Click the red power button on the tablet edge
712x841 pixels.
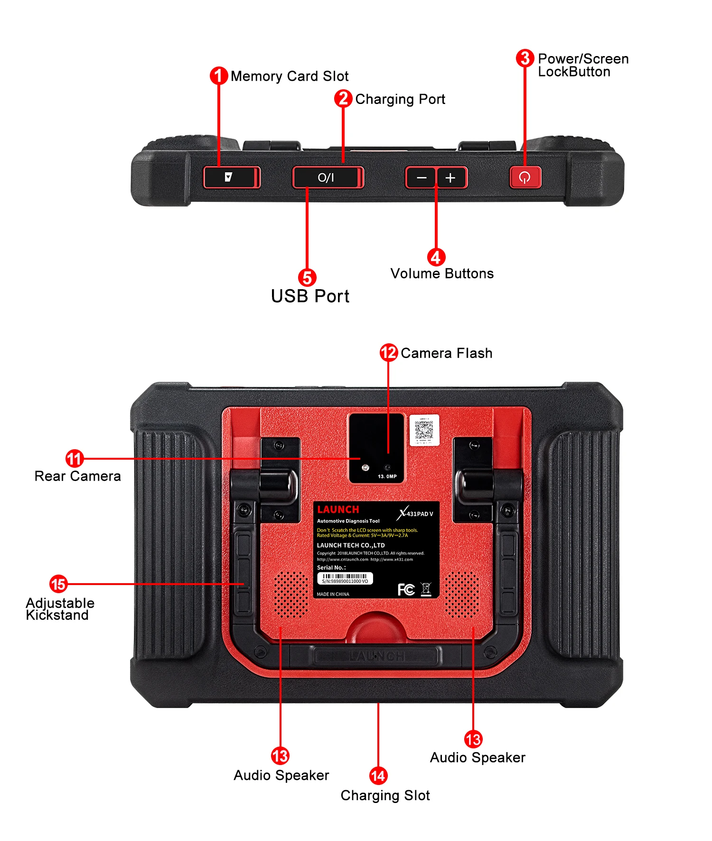click(x=525, y=178)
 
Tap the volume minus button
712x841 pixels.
click(x=421, y=178)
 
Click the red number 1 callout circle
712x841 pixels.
click(x=218, y=76)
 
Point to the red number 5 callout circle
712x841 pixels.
click(x=307, y=278)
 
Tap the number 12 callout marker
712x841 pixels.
click(x=389, y=352)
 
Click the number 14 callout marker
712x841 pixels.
click(x=378, y=775)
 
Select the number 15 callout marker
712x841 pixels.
click(x=58, y=584)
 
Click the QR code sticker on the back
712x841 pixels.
click(x=424, y=430)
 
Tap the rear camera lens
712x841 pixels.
click(x=365, y=468)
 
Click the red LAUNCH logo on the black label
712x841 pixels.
click(x=338, y=510)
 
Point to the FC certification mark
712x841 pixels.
click(x=406, y=589)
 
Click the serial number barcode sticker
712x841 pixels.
click(x=345, y=578)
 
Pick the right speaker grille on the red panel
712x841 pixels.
click(x=462, y=594)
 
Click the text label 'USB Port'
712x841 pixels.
click(x=310, y=296)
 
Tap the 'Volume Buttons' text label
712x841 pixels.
click(x=442, y=274)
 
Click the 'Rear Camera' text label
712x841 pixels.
click(x=78, y=476)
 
